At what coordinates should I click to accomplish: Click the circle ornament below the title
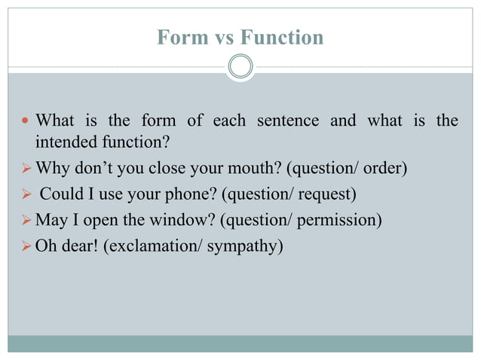point(240,67)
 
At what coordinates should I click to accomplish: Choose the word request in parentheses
point(326,194)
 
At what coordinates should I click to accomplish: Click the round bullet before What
point(26,121)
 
